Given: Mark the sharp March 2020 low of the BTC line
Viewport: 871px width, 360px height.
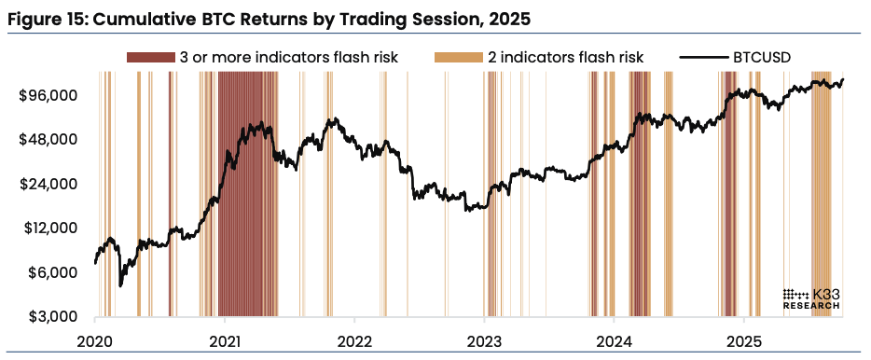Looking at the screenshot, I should (x=120, y=285).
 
